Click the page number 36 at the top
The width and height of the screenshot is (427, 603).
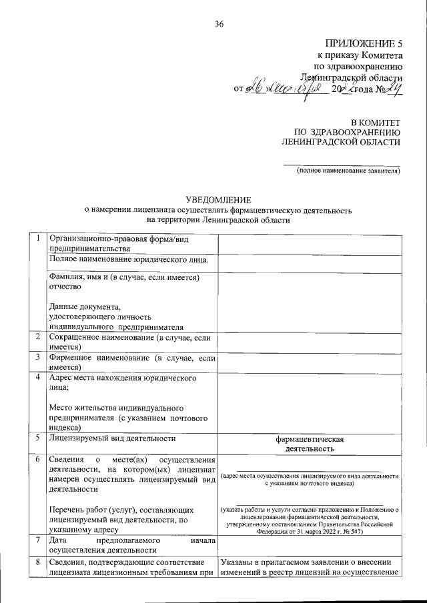point(219,25)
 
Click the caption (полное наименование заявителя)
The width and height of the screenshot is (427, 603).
point(348,171)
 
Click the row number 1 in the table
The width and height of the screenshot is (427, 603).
point(39,238)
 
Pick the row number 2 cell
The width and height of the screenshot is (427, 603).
point(39,338)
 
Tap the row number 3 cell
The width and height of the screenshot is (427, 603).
point(39,358)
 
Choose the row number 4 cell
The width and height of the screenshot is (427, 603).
point(39,378)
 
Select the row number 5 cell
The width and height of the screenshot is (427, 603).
point(39,438)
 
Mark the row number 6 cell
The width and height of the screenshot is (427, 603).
point(39,460)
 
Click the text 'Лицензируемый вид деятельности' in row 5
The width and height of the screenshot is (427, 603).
point(113,438)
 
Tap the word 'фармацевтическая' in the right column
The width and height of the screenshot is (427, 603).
point(309,439)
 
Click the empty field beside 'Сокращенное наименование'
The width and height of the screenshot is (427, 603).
point(309,342)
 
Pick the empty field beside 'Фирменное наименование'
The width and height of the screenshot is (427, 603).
point(309,362)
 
